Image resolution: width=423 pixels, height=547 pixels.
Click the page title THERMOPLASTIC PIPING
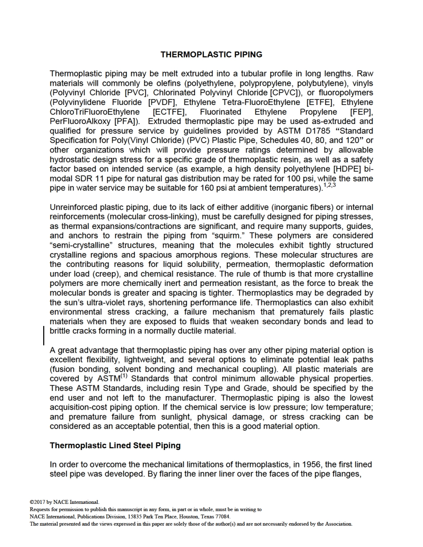click(x=211, y=55)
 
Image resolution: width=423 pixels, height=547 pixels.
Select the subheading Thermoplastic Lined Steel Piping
click(x=115, y=445)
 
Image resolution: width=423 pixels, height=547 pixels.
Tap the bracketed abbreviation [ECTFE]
click(x=170, y=112)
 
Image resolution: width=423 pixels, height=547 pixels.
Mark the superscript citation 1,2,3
click(x=329, y=185)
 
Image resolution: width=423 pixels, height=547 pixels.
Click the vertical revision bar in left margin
click(x=44, y=335)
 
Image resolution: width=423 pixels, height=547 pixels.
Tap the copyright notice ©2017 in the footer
click(x=38, y=503)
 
